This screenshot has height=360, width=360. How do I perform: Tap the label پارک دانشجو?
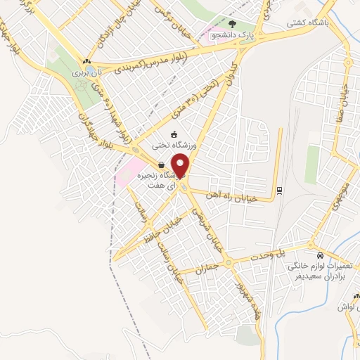229,33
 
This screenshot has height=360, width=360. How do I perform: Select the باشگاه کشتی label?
307,22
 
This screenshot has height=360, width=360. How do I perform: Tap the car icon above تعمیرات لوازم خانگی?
320,255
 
